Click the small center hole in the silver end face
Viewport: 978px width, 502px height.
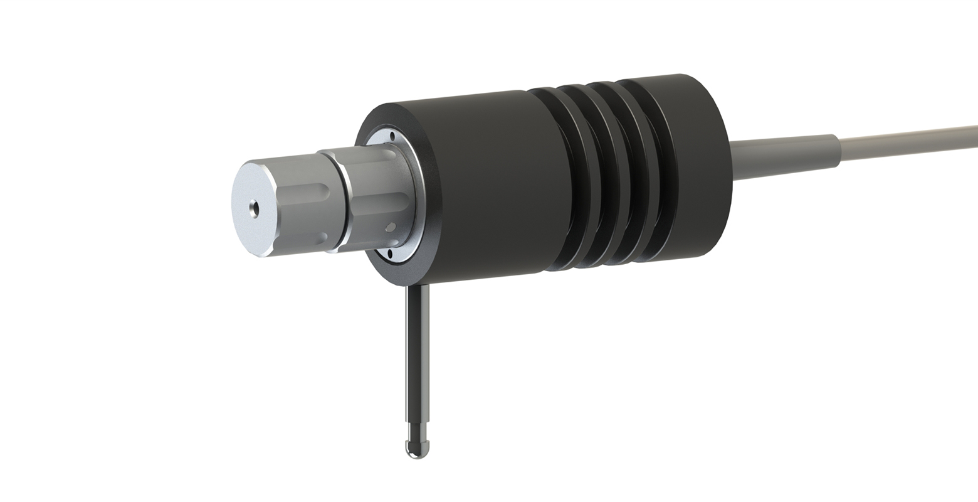point(254,208)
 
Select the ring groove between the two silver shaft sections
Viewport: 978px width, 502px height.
point(342,201)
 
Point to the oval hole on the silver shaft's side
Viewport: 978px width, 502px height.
point(391,227)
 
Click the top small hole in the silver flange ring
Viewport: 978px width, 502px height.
point(392,136)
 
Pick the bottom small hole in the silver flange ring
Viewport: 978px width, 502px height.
point(390,253)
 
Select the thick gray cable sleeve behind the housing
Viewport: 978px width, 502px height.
point(784,157)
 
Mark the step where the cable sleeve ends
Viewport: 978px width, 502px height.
point(838,151)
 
